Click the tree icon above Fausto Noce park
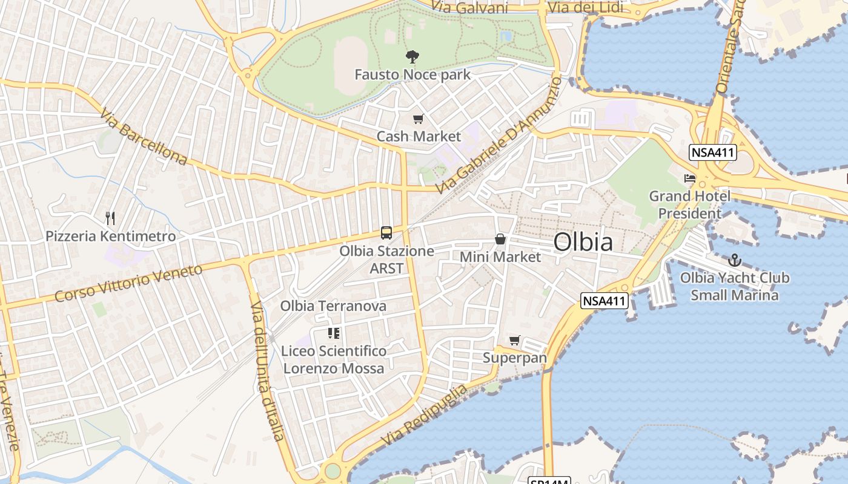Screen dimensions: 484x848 click(x=412, y=57)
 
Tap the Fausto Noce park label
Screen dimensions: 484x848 click(x=412, y=75)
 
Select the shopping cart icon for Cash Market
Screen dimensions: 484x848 click(x=418, y=119)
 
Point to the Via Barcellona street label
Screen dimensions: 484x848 click(x=144, y=137)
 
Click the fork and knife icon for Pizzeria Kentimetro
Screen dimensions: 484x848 click(x=110, y=218)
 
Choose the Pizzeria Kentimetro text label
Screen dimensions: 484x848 click(x=111, y=236)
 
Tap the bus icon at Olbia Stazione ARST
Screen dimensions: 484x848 click(x=386, y=232)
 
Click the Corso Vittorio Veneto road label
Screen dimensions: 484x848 click(x=128, y=283)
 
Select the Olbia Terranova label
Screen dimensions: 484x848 click(x=333, y=306)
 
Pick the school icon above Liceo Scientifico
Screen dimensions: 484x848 click(x=333, y=333)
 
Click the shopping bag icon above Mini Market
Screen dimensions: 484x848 click(x=500, y=240)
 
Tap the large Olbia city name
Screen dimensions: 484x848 click(x=583, y=242)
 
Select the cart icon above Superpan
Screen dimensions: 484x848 click(x=514, y=341)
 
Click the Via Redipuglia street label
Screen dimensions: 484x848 click(x=425, y=416)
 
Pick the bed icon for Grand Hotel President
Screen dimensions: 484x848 click(x=689, y=178)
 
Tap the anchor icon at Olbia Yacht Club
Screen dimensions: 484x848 click(x=734, y=261)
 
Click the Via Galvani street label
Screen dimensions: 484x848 click(x=469, y=7)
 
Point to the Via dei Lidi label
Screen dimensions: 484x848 click(x=585, y=7)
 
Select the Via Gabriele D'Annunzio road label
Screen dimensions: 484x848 click(x=497, y=135)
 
